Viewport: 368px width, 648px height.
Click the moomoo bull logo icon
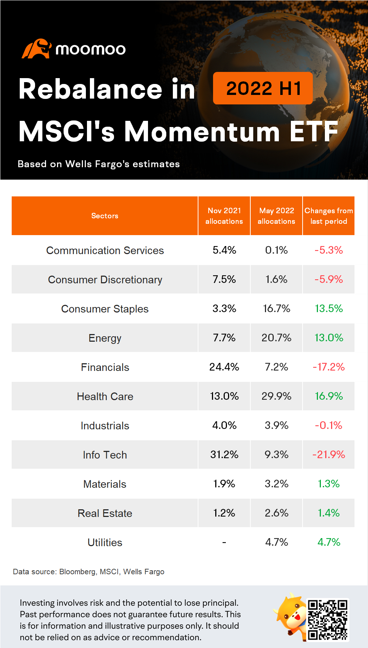[36, 49]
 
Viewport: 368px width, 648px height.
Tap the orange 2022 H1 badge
[263, 88]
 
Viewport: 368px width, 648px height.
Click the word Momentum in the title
[202, 131]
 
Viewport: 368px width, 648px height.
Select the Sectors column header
[105, 216]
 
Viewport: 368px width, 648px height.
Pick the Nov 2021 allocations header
[224, 216]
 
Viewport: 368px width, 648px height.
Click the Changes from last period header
[329, 216]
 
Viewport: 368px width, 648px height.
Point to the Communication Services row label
[105, 250]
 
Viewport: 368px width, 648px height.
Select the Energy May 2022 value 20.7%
[276, 338]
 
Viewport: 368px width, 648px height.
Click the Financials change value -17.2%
[329, 367]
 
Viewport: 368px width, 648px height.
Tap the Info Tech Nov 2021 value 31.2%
[224, 455]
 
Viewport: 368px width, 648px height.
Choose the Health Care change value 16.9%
[329, 396]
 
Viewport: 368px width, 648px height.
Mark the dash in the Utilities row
[224, 542]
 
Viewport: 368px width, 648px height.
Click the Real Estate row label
[105, 513]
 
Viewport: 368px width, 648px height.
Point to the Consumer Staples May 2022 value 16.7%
[276, 308]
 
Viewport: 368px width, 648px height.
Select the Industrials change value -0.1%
[329, 425]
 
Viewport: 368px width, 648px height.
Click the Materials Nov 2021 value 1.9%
[224, 484]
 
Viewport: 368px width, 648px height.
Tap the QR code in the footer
[327, 620]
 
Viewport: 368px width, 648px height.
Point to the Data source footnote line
[88, 572]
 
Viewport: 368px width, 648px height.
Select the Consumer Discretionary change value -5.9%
[329, 279]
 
